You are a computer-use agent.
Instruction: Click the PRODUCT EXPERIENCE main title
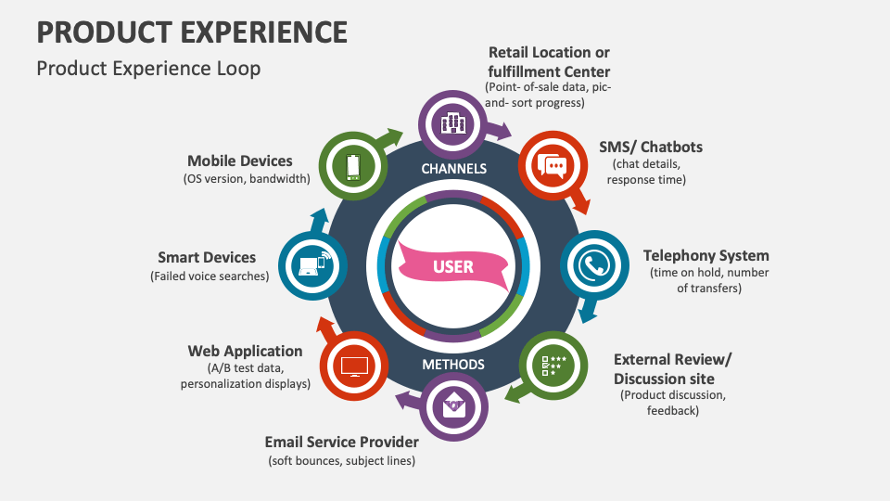(192, 32)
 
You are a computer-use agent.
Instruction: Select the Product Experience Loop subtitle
(148, 69)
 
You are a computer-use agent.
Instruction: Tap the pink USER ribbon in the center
(453, 266)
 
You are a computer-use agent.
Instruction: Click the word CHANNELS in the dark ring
(453, 169)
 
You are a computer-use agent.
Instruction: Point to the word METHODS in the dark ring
(453, 365)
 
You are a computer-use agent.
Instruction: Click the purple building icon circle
(453, 122)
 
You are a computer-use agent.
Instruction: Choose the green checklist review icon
(553, 365)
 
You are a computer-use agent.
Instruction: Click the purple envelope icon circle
(453, 405)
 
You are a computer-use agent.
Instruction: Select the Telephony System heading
(706, 256)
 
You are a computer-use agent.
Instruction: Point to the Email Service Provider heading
(341, 442)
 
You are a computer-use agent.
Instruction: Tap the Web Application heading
(245, 351)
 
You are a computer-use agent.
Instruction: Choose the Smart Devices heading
(207, 257)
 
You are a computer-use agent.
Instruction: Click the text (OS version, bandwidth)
(247, 179)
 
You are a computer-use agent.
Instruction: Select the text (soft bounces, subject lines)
(341, 461)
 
